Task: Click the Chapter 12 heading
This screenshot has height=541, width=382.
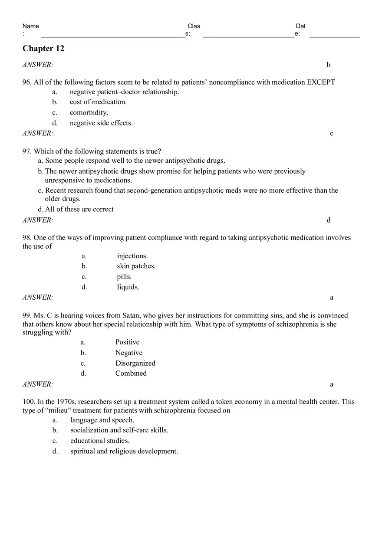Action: point(43,49)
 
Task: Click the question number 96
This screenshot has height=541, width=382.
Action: point(27,82)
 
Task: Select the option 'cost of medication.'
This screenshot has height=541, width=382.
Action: point(98,102)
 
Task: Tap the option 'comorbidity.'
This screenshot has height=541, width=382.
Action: point(89,112)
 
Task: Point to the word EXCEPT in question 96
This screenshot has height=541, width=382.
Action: point(321,82)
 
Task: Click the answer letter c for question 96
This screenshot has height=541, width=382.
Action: point(332,134)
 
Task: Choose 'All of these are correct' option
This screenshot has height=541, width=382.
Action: point(79,209)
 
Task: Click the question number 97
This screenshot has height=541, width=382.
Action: point(27,151)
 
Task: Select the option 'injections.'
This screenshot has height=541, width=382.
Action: point(132,256)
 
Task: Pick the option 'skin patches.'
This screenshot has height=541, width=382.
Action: point(136,266)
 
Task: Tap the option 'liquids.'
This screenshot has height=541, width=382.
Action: point(128,287)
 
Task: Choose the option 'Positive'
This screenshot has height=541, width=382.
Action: point(127,342)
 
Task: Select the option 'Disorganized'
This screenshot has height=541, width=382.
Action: point(135,363)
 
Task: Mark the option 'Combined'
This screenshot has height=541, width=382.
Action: point(131,373)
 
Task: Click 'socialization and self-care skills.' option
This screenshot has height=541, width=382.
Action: point(119,430)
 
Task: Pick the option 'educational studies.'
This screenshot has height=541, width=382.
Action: point(100,441)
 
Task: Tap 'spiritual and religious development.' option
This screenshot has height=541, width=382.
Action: point(124,451)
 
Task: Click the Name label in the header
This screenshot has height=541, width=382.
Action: point(30,26)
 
